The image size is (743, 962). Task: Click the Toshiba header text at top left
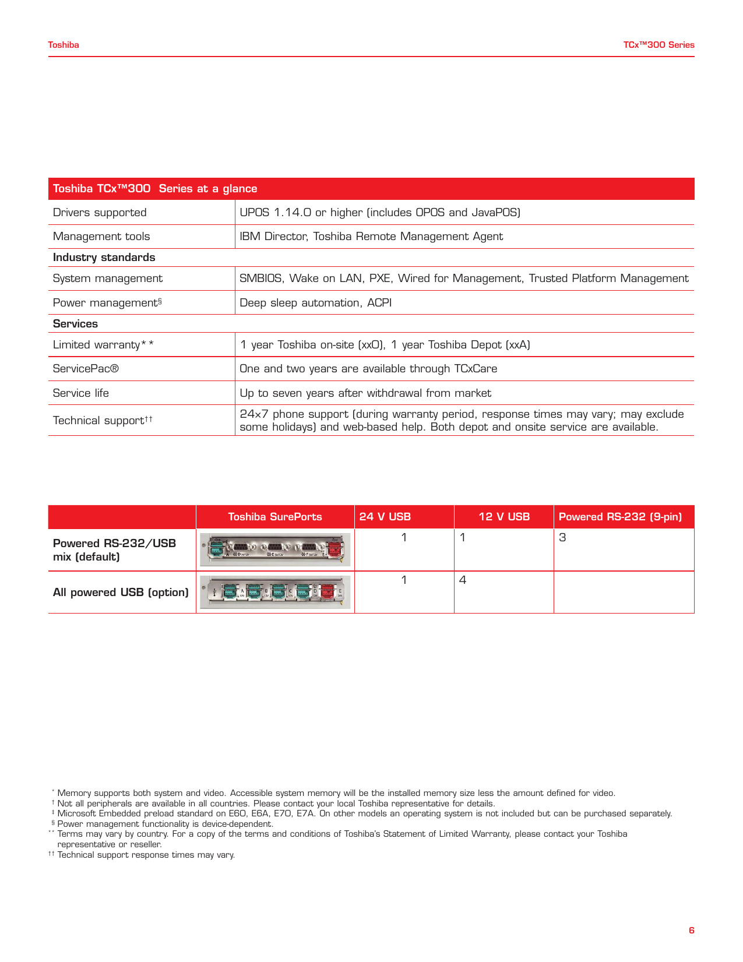pos(64,45)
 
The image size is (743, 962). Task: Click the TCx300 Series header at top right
pos(659,45)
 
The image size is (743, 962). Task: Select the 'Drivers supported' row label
pos(100,213)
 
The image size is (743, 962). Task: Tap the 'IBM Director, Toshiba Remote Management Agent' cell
pos(371,237)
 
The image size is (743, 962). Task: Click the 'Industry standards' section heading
pos(104,258)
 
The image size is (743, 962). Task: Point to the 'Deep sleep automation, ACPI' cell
pos(315,303)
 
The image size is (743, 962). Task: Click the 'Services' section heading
pos(75,324)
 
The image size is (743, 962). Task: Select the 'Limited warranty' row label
pos(103,345)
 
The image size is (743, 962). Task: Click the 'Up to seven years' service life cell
pos(365,393)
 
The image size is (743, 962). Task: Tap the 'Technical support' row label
pos(103,421)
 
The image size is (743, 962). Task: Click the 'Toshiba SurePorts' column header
pos(275,517)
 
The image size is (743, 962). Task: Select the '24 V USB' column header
pos(385,517)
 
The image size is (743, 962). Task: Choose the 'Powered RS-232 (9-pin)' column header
pos(620,517)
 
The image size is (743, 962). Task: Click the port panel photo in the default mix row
pos(275,549)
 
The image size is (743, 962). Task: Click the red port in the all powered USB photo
pos(328,592)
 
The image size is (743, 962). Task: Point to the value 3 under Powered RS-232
pos(562,538)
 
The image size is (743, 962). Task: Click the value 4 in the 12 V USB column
pos(463,580)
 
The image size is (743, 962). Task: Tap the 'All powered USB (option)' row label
pos(121,593)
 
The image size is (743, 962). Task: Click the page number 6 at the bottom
pos(691,931)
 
